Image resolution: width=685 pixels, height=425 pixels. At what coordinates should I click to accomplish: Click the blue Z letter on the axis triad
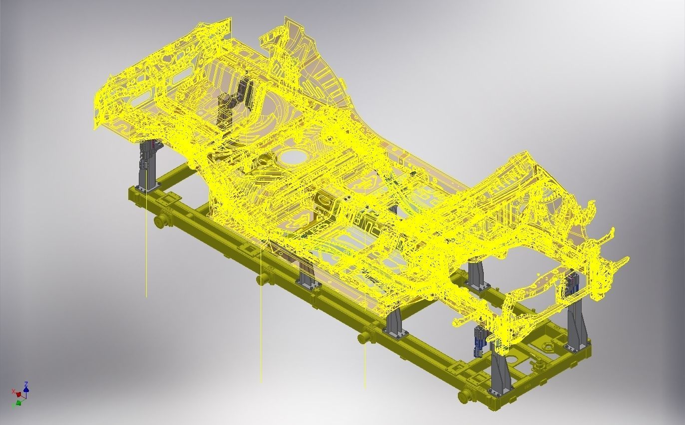pyautogui.click(x=26, y=384)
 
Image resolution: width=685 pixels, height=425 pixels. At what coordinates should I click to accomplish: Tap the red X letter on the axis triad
pyautogui.click(x=13, y=391)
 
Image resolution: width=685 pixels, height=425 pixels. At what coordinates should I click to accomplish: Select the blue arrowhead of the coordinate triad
pyautogui.click(x=26, y=390)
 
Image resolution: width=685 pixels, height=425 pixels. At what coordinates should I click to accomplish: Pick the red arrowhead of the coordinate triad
pyautogui.click(x=18, y=395)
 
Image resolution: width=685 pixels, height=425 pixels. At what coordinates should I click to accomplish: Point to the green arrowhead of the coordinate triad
pyautogui.click(x=18, y=402)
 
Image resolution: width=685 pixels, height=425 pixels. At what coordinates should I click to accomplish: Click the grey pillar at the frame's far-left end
pyautogui.click(x=148, y=167)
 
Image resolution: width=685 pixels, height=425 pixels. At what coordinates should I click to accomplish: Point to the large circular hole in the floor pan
pyautogui.click(x=293, y=157)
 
